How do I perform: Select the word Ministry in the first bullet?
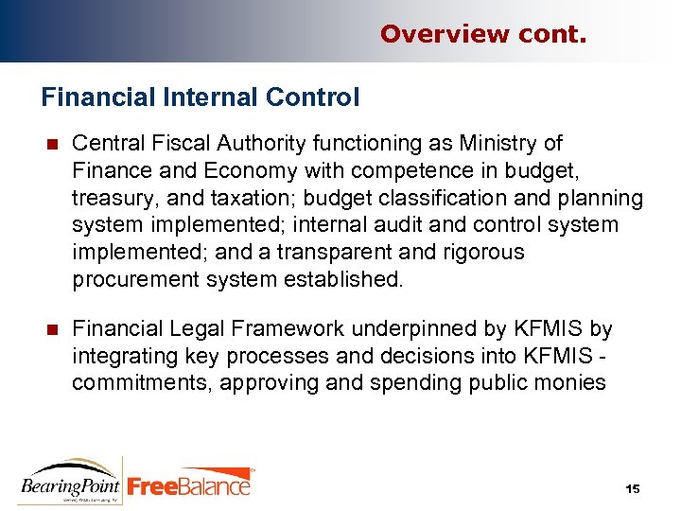(x=502, y=143)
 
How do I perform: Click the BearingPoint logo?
(x=70, y=480)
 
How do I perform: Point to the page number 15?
(x=633, y=488)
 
